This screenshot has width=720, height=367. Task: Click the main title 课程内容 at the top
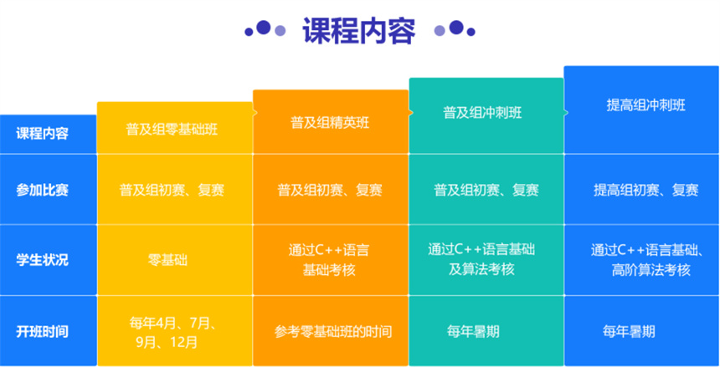[x=358, y=31]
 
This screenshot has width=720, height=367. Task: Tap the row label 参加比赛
[x=42, y=190]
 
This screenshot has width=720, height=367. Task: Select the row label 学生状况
[x=42, y=260]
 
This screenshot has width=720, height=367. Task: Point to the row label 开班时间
[x=42, y=331]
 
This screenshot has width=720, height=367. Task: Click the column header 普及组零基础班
[x=172, y=130]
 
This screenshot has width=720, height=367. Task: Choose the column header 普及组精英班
[x=330, y=123]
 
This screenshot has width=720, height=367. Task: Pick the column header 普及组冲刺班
[x=482, y=112]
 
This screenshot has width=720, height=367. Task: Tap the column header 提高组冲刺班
[x=645, y=105]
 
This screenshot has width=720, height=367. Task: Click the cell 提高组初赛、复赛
[x=646, y=190]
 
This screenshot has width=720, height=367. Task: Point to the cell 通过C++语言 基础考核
[x=329, y=260]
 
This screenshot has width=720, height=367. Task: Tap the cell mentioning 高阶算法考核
[x=647, y=260]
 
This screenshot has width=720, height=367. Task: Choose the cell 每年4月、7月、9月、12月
[x=172, y=333]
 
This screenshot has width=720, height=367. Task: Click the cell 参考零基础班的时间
[x=333, y=331]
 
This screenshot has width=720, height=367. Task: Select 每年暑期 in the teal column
[x=473, y=331]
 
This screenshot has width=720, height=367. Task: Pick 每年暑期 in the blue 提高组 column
[x=629, y=331]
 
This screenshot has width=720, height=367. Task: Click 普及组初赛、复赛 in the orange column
[x=330, y=190]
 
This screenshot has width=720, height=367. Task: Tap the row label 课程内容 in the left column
[x=42, y=134]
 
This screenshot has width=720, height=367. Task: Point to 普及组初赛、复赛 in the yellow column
[x=172, y=190]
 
